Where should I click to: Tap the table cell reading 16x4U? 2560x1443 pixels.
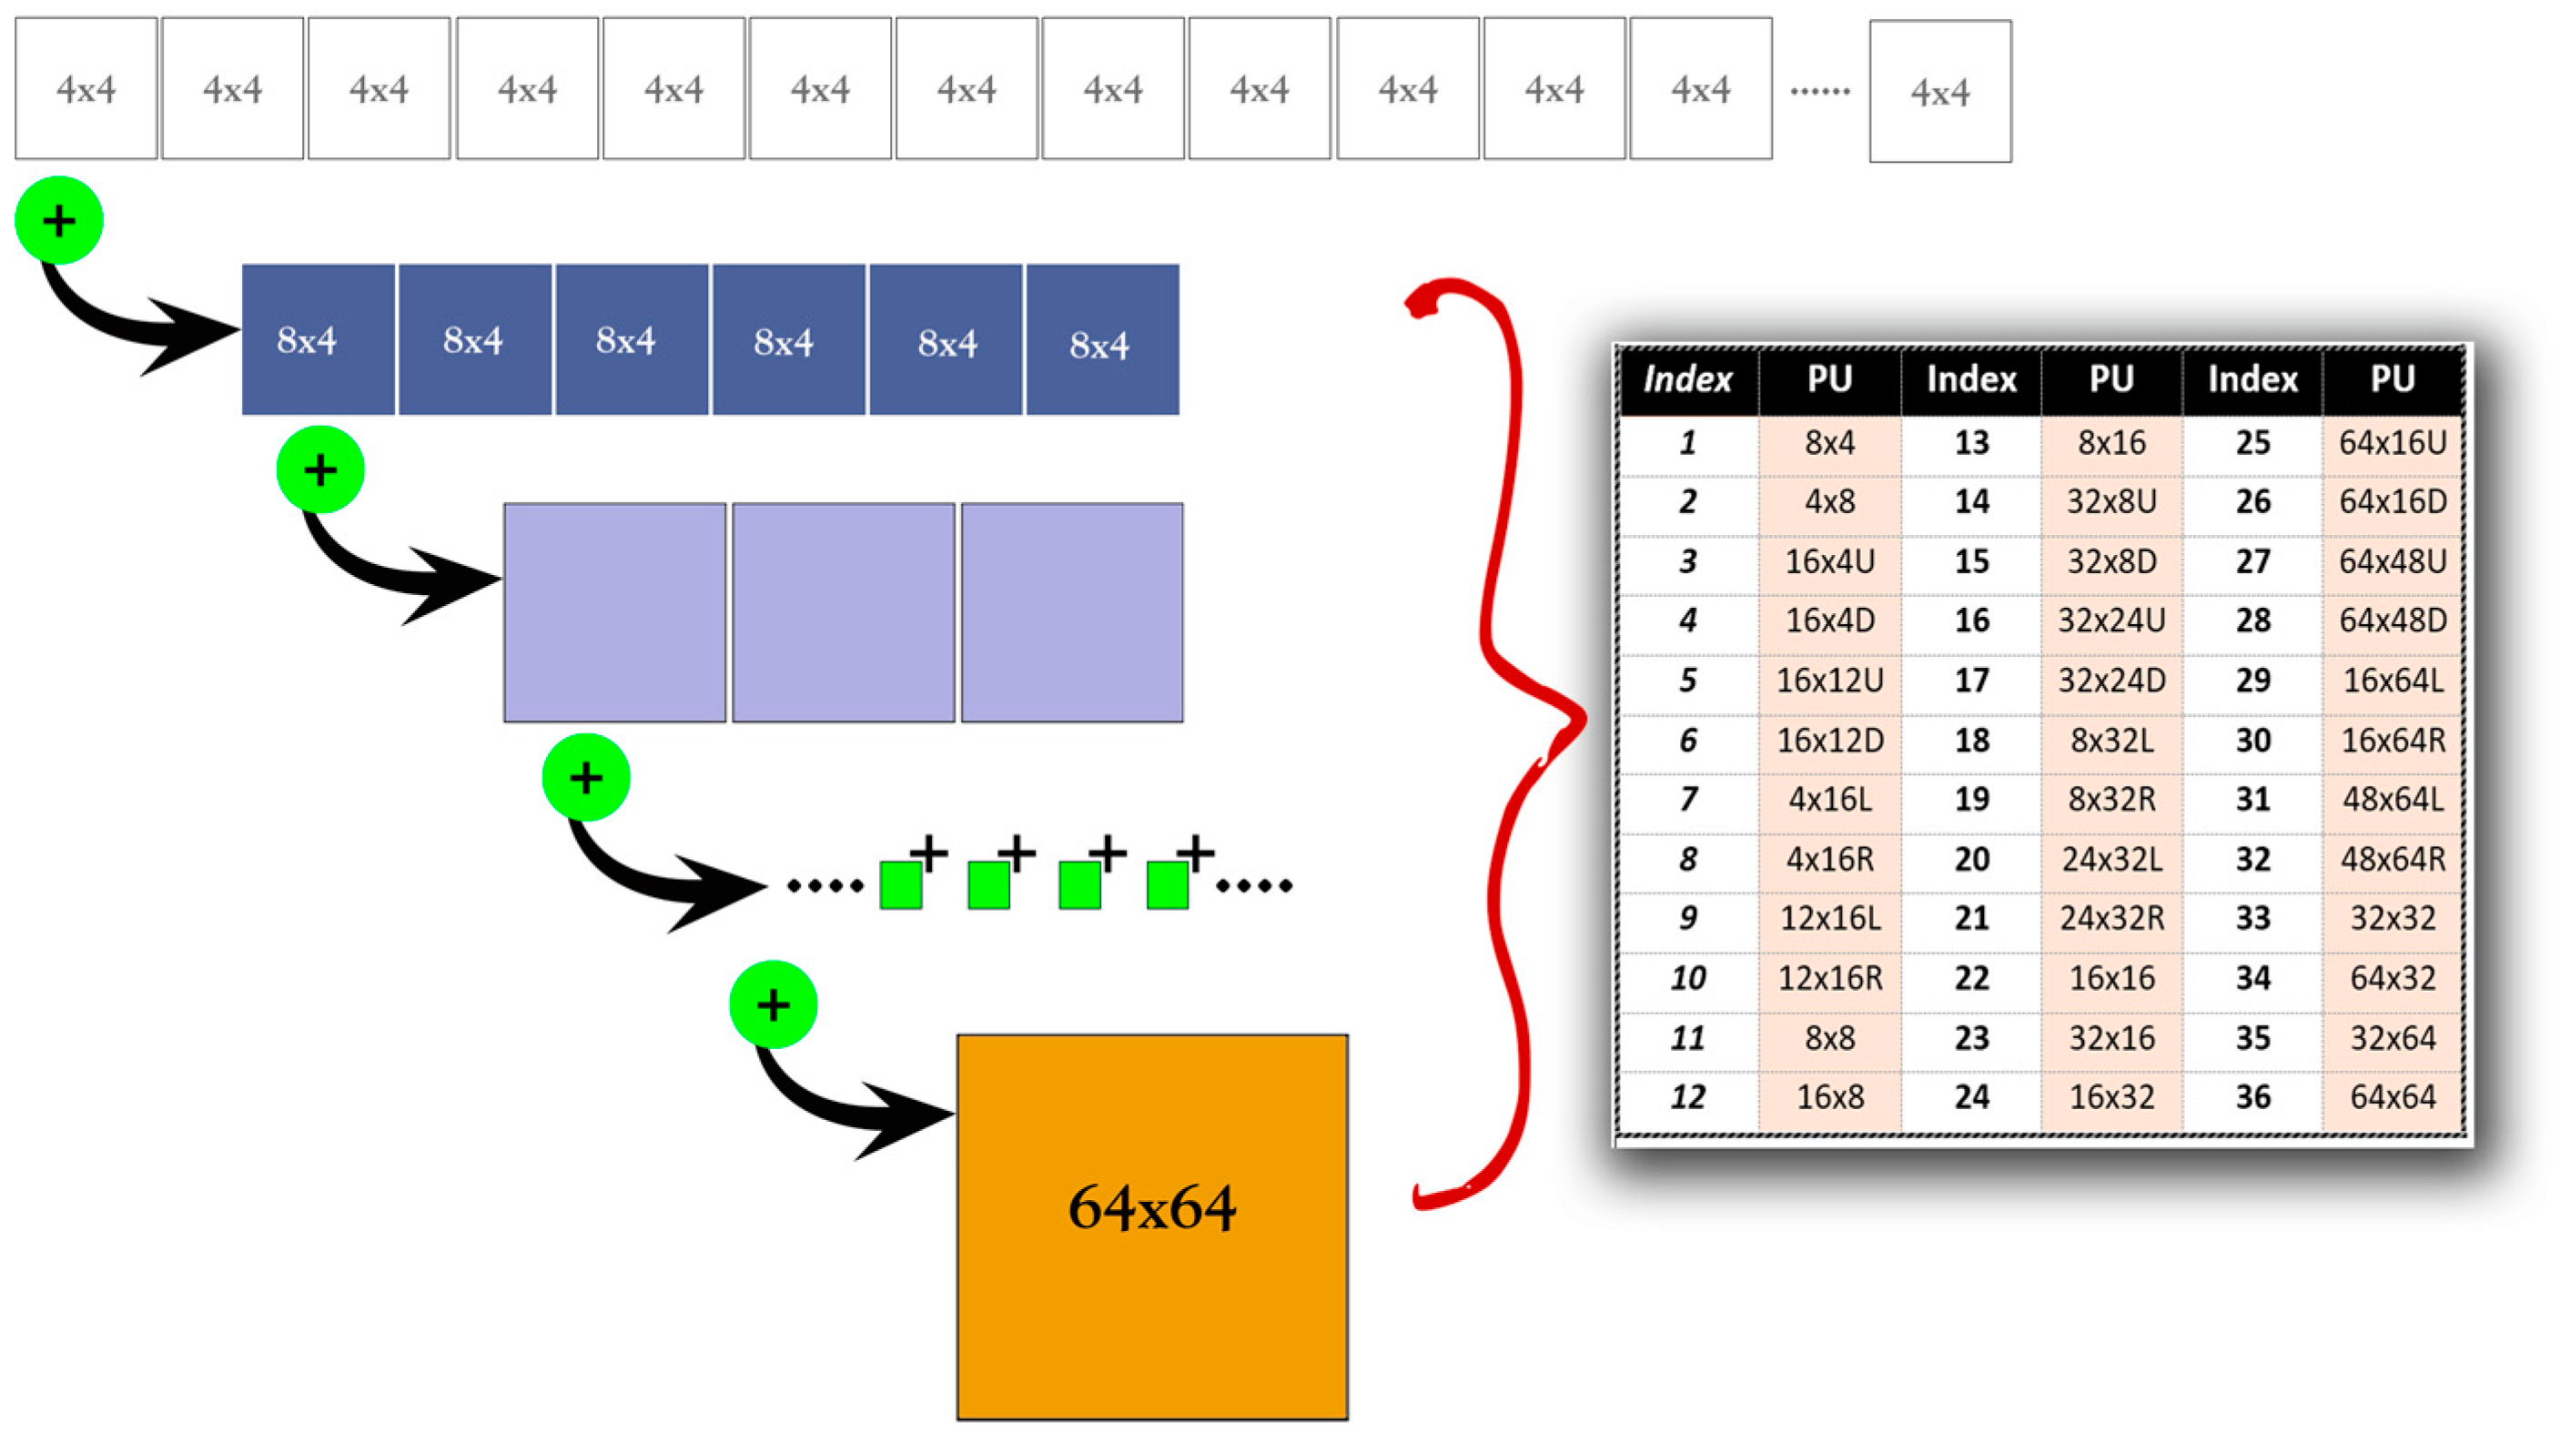(x=1829, y=561)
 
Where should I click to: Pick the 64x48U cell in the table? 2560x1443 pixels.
(x=2392, y=561)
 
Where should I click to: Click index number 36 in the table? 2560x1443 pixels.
(x=2253, y=1097)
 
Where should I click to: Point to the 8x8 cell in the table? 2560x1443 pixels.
(x=1829, y=1038)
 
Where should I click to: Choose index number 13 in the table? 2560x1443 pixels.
(x=1972, y=442)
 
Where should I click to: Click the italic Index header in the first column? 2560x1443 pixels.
(x=1687, y=379)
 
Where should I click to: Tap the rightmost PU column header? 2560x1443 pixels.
(x=2392, y=378)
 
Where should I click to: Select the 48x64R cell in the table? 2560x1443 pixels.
(x=2392, y=860)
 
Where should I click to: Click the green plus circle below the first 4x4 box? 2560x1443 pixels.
(x=58, y=220)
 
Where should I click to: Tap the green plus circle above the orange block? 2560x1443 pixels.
(x=774, y=1004)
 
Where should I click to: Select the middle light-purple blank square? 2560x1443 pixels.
(x=843, y=612)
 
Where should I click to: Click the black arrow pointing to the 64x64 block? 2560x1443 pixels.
(x=855, y=1108)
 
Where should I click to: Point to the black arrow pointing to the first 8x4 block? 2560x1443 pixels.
(x=139, y=328)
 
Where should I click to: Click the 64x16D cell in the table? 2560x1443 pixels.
(x=2392, y=502)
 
